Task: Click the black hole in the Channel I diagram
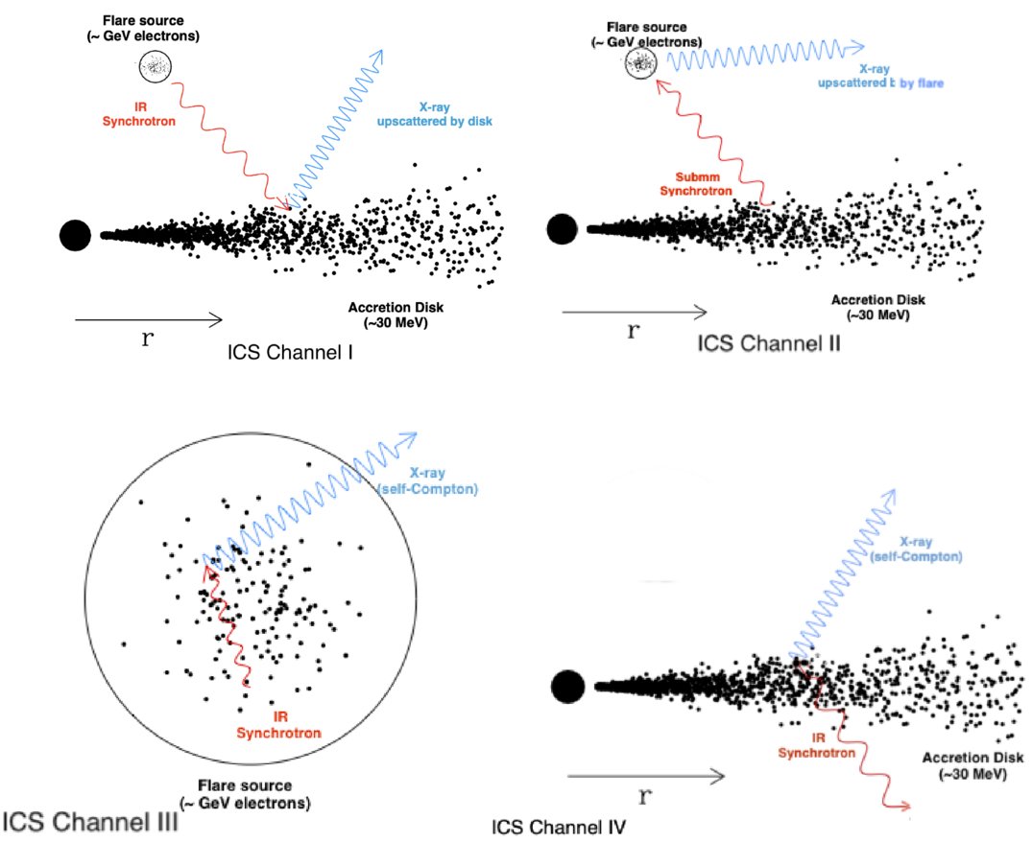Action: click(x=75, y=234)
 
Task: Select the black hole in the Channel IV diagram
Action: click(x=568, y=685)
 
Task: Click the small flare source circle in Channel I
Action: click(x=152, y=65)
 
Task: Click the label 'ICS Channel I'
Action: click(x=290, y=353)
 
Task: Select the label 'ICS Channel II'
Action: click(x=768, y=342)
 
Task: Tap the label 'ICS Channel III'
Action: click(x=88, y=823)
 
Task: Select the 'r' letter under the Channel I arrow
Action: click(x=146, y=339)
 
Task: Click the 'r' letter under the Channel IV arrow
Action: click(x=646, y=796)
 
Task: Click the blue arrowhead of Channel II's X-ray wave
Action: click(x=859, y=46)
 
